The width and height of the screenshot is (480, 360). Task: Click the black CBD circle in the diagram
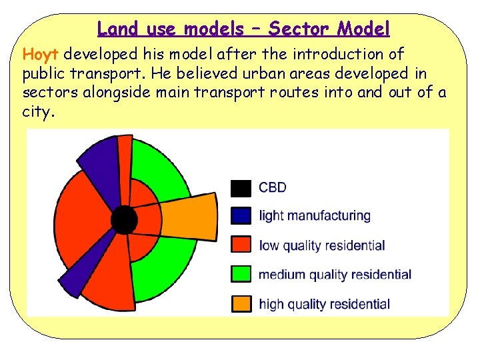coord(123,218)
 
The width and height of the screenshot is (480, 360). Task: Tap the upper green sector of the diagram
coord(160,167)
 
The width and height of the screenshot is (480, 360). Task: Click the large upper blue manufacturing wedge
coord(99,160)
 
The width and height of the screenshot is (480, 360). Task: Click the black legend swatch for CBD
coord(241,187)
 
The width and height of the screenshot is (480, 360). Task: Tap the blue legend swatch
coord(241,215)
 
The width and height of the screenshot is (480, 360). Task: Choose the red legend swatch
coord(241,245)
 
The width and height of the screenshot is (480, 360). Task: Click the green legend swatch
coord(241,274)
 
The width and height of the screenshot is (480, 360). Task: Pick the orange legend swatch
coord(241,304)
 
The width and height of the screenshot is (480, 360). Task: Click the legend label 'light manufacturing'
coord(314,216)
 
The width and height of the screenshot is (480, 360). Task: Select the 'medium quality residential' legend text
coord(335,275)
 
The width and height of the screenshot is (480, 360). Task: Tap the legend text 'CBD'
coord(272,187)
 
